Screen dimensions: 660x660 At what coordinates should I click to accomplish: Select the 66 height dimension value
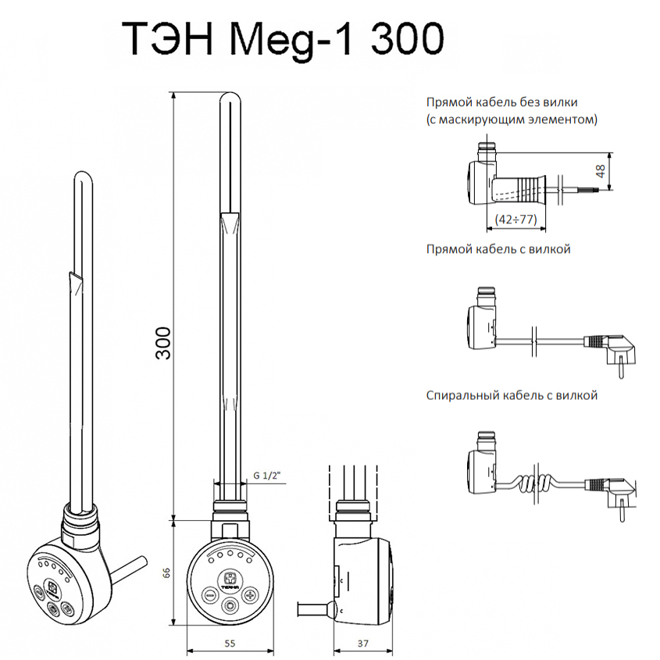coord(166,573)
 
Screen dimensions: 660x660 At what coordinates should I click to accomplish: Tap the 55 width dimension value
coord(230,643)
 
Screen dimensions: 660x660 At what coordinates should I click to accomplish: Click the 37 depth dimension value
coord(363,643)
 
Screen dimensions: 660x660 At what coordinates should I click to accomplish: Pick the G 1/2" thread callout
coord(267,476)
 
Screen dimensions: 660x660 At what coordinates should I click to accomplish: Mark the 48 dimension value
coord(600,171)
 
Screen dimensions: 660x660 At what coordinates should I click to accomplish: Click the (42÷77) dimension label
coord(516,219)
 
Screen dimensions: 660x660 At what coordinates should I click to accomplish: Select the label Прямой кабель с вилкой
coord(498,249)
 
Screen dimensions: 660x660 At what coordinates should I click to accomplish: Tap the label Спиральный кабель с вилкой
coord(512,396)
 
